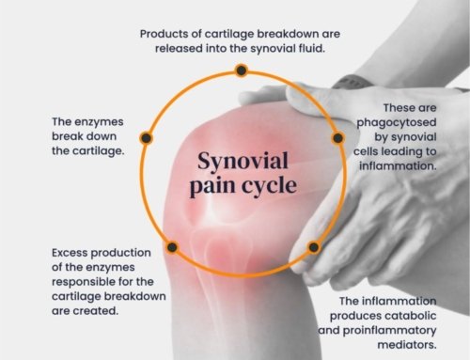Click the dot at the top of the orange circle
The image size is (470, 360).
click(242, 70)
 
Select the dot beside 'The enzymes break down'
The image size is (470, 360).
click(146, 138)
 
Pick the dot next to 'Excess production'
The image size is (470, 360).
click(171, 247)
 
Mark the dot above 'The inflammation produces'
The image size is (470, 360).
click(313, 248)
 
